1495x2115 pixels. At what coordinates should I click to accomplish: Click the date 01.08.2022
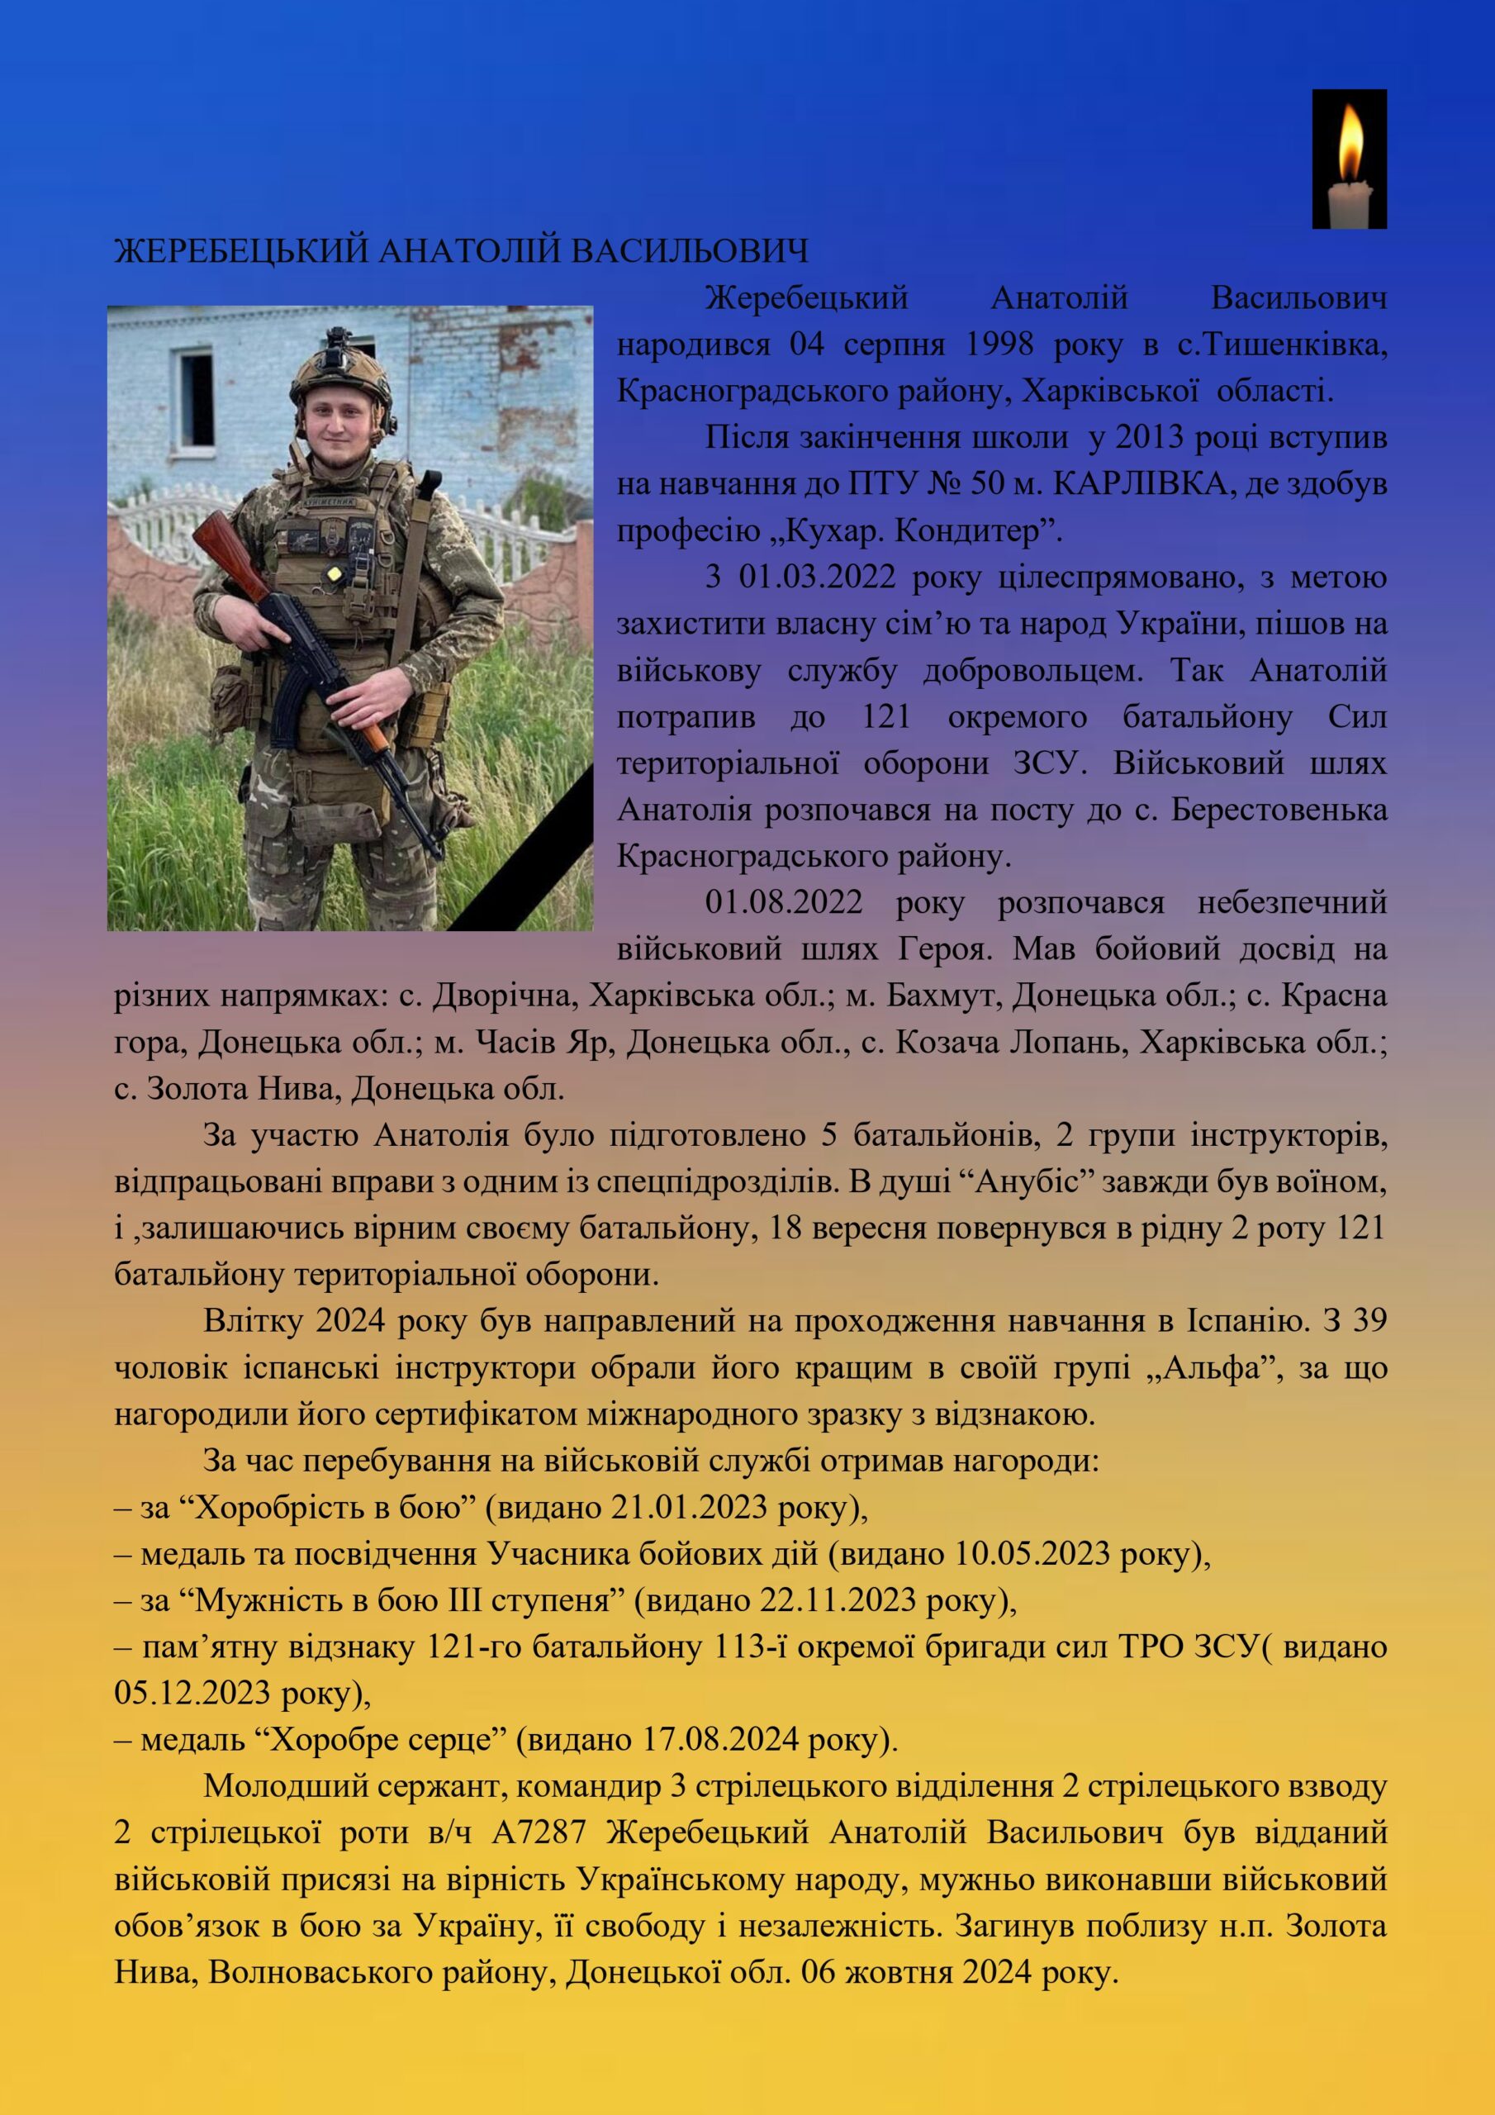(784, 903)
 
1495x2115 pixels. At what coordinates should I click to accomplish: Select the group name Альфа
(1213, 1368)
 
